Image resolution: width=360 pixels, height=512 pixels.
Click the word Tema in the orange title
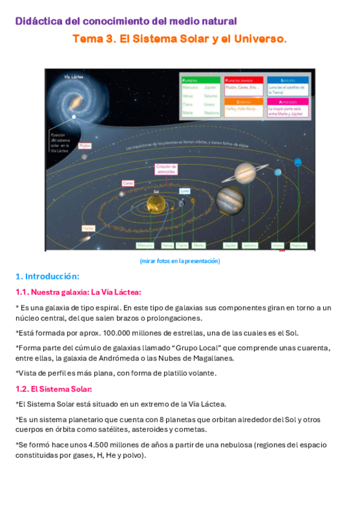tap(86, 39)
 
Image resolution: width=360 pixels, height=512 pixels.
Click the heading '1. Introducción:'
tap(47, 277)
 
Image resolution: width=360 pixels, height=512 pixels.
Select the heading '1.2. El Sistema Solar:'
tap(53, 389)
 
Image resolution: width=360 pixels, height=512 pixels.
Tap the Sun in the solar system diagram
tap(156, 205)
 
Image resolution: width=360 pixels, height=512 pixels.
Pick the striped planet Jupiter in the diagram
tap(229, 200)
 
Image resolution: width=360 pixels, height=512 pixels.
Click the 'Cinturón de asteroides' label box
tap(166, 168)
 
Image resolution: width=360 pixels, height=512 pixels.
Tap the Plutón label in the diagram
tap(85, 146)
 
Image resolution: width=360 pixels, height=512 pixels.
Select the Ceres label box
tap(127, 183)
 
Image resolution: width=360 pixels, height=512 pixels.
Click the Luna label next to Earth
tap(185, 191)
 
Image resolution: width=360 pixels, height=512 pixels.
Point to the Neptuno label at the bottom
tap(298, 246)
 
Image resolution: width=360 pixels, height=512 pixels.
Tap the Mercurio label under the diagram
tap(145, 246)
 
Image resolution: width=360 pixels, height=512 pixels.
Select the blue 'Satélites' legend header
tap(288, 80)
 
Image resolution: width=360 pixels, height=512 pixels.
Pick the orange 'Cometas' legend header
tap(243, 101)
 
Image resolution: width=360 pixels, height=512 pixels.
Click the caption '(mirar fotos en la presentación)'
tap(179, 261)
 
